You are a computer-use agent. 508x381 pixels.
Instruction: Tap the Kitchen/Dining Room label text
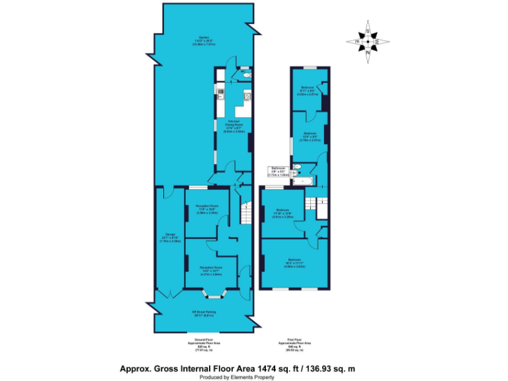point(233,126)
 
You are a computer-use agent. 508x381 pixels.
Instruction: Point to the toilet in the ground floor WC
point(246,77)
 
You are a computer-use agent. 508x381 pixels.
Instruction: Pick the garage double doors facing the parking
point(170,292)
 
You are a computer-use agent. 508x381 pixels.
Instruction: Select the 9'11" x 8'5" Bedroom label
point(308,91)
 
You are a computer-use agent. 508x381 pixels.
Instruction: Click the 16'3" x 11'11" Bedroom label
point(294,263)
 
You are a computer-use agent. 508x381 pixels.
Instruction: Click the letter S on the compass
point(368,31)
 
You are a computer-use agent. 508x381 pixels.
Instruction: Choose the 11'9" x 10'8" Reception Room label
point(206,211)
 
